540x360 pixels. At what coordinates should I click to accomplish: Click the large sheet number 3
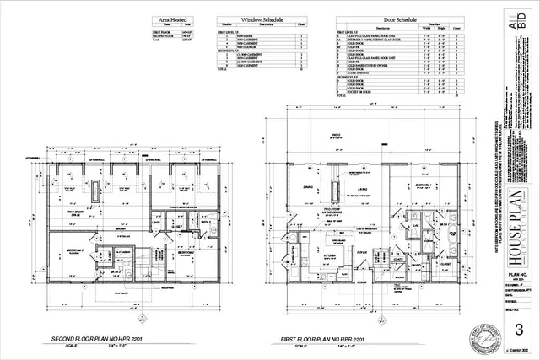tap(520, 328)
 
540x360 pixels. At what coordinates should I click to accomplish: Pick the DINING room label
tap(309, 188)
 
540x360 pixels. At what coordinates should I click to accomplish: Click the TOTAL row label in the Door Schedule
tap(341, 96)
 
